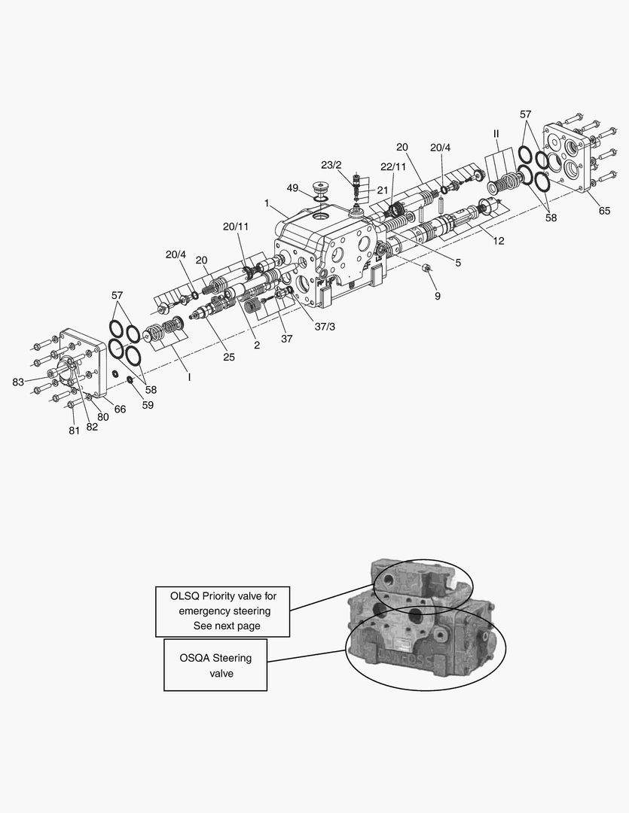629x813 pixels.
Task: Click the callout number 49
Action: pos(292,187)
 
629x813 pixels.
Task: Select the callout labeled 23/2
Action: pos(331,165)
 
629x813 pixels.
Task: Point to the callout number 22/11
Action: pos(392,166)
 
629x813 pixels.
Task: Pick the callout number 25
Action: pos(228,357)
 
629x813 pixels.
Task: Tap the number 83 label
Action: pos(18,382)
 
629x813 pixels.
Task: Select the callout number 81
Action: pos(74,431)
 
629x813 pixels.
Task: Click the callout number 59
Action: pos(148,404)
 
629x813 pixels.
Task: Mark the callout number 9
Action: pos(437,296)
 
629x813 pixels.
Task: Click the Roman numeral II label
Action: pos(496,134)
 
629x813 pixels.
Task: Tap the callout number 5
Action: pos(457,263)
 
